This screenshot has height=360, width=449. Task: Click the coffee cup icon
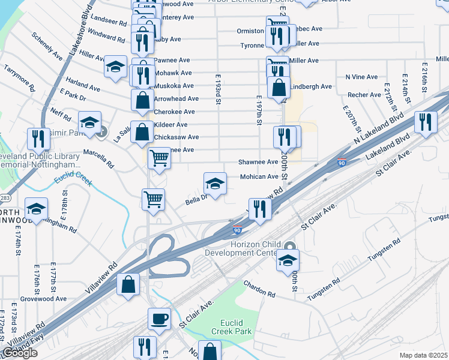[159, 319]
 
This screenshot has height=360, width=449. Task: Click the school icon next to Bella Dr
[215, 183]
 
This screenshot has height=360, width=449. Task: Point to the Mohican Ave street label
[259, 177]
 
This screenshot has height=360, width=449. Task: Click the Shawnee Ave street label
[258, 162]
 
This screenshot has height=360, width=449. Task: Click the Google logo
[20, 353]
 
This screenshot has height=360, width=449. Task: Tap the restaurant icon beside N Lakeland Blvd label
[425, 122]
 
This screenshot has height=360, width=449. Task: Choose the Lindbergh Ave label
[311, 86]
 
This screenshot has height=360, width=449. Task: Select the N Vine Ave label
[361, 77]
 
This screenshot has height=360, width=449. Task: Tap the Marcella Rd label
[98, 157]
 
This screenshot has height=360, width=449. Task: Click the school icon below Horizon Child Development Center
[288, 260]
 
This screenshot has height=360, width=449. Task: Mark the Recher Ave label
[364, 95]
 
